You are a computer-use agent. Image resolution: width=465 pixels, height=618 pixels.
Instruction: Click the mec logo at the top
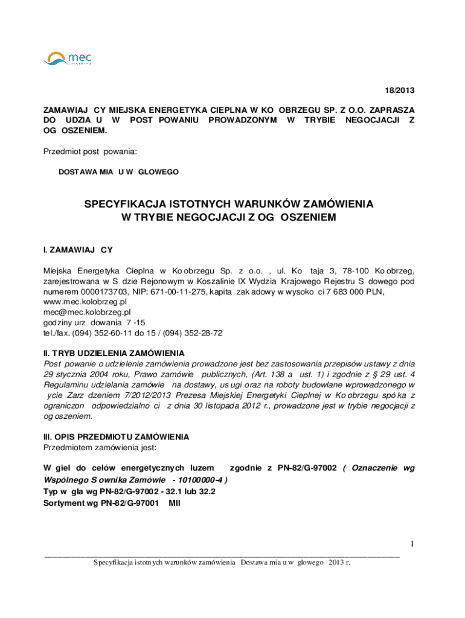(x=68, y=59)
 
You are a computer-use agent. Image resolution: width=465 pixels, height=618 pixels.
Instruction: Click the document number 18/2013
(x=400, y=91)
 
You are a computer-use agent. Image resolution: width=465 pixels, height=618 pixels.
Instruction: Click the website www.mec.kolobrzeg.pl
(x=84, y=301)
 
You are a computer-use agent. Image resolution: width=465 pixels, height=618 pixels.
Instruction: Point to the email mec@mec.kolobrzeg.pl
(x=86, y=312)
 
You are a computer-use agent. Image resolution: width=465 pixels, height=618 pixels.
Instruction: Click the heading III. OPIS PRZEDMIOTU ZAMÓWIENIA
(x=115, y=436)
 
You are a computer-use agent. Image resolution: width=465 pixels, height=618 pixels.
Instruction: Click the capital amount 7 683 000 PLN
(x=359, y=291)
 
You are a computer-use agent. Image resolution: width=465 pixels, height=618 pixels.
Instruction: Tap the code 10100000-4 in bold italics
(x=201, y=480)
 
